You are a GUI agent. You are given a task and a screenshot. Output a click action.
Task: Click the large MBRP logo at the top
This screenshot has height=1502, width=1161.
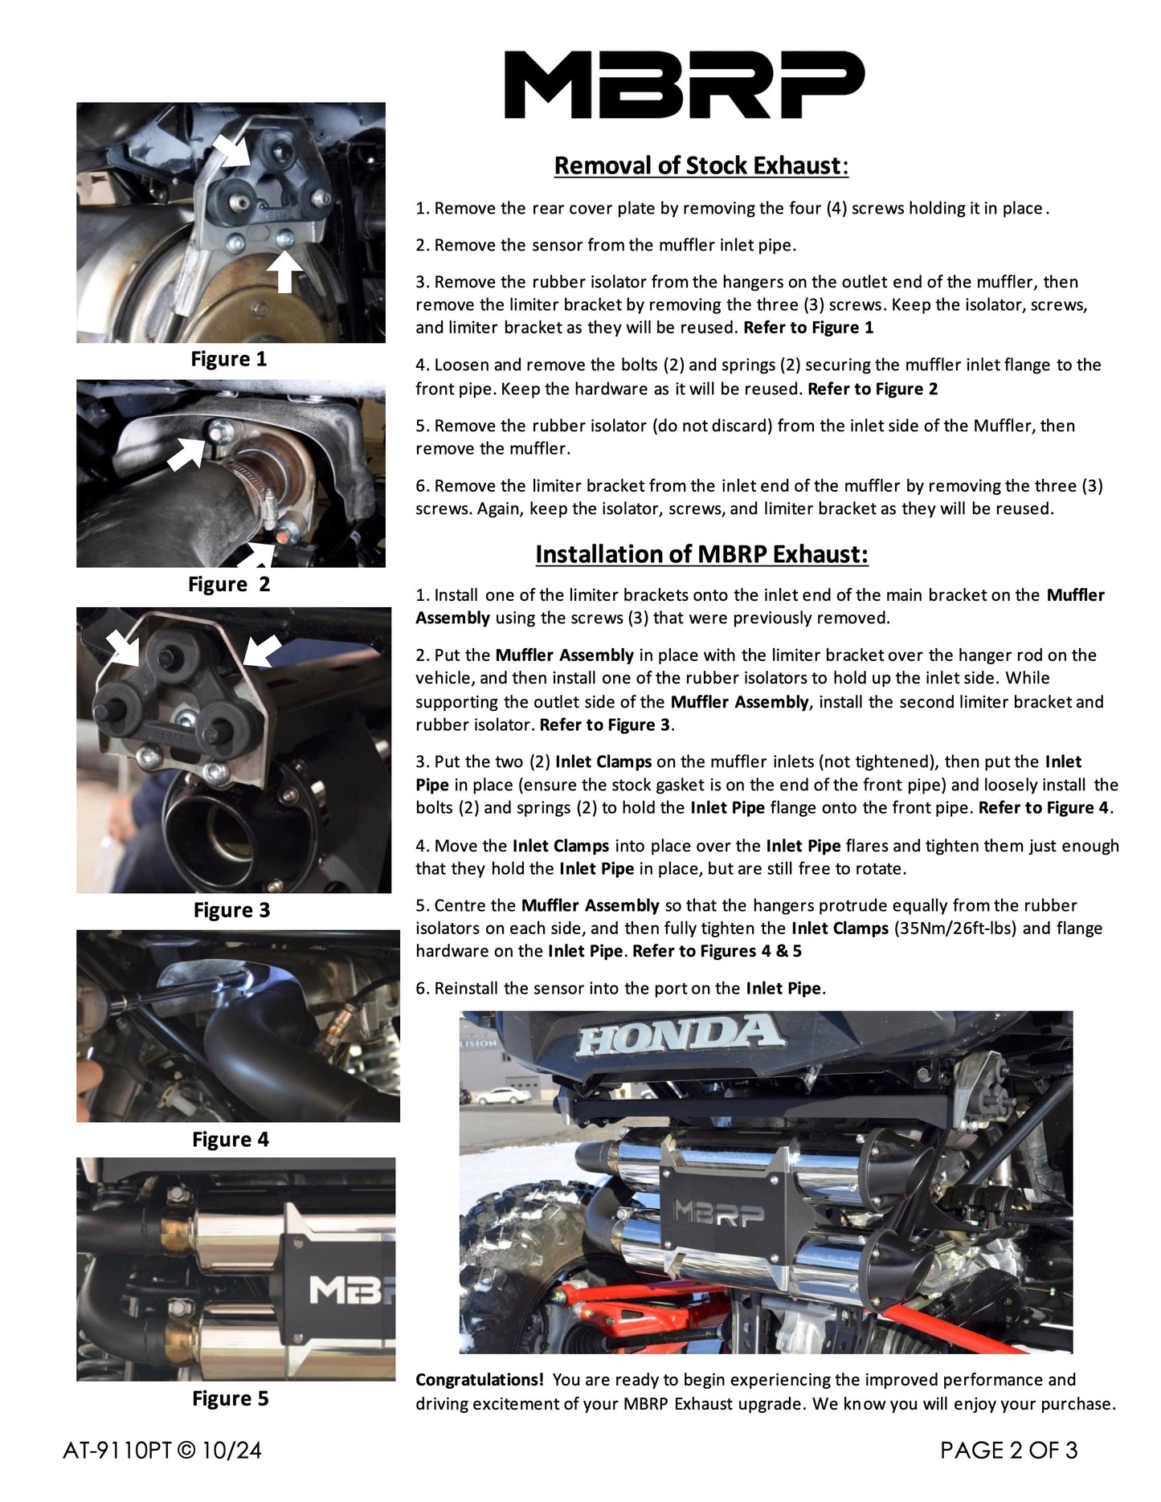click(684, 84)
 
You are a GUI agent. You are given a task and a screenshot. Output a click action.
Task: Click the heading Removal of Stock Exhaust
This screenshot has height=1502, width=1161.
click(701, 165)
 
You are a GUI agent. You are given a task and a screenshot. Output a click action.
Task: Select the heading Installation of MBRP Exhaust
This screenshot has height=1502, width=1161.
click(701, 554)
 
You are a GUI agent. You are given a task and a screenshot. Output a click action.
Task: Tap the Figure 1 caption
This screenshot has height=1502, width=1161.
click(228, 359)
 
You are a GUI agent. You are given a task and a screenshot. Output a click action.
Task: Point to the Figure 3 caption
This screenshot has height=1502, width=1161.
click(231, 910)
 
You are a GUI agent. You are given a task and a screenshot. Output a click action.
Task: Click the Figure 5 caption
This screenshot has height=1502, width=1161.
click(230, 1398)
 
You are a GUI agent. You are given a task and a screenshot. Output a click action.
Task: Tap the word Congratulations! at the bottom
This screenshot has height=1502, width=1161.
click(480, 1380)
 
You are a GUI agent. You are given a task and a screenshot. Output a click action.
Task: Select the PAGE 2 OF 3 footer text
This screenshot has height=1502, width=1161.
click(1008, 1450)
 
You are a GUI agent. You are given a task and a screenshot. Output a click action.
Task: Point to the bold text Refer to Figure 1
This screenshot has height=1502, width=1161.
click(808, 328)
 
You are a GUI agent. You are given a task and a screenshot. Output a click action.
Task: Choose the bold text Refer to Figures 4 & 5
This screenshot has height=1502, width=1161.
click(717, 952)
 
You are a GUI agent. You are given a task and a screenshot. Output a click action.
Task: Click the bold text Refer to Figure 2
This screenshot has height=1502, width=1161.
click(872, 390)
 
